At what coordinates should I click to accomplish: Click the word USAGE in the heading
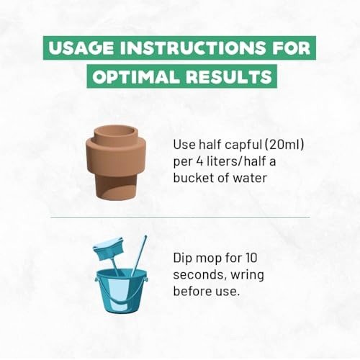click(81, 48)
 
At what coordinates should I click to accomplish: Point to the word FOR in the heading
click(291, 48)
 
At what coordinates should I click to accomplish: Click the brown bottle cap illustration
click(116, 163)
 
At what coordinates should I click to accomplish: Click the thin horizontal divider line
click(180, 217)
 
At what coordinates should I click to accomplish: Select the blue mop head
click(109, 249)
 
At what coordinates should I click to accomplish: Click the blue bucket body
click(121, 291)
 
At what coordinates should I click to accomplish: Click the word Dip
click(182, 258)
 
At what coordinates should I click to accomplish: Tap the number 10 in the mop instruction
click(251, 258)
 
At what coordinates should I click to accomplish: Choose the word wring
click(247, 275)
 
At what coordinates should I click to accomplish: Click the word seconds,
click(200, 275)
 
